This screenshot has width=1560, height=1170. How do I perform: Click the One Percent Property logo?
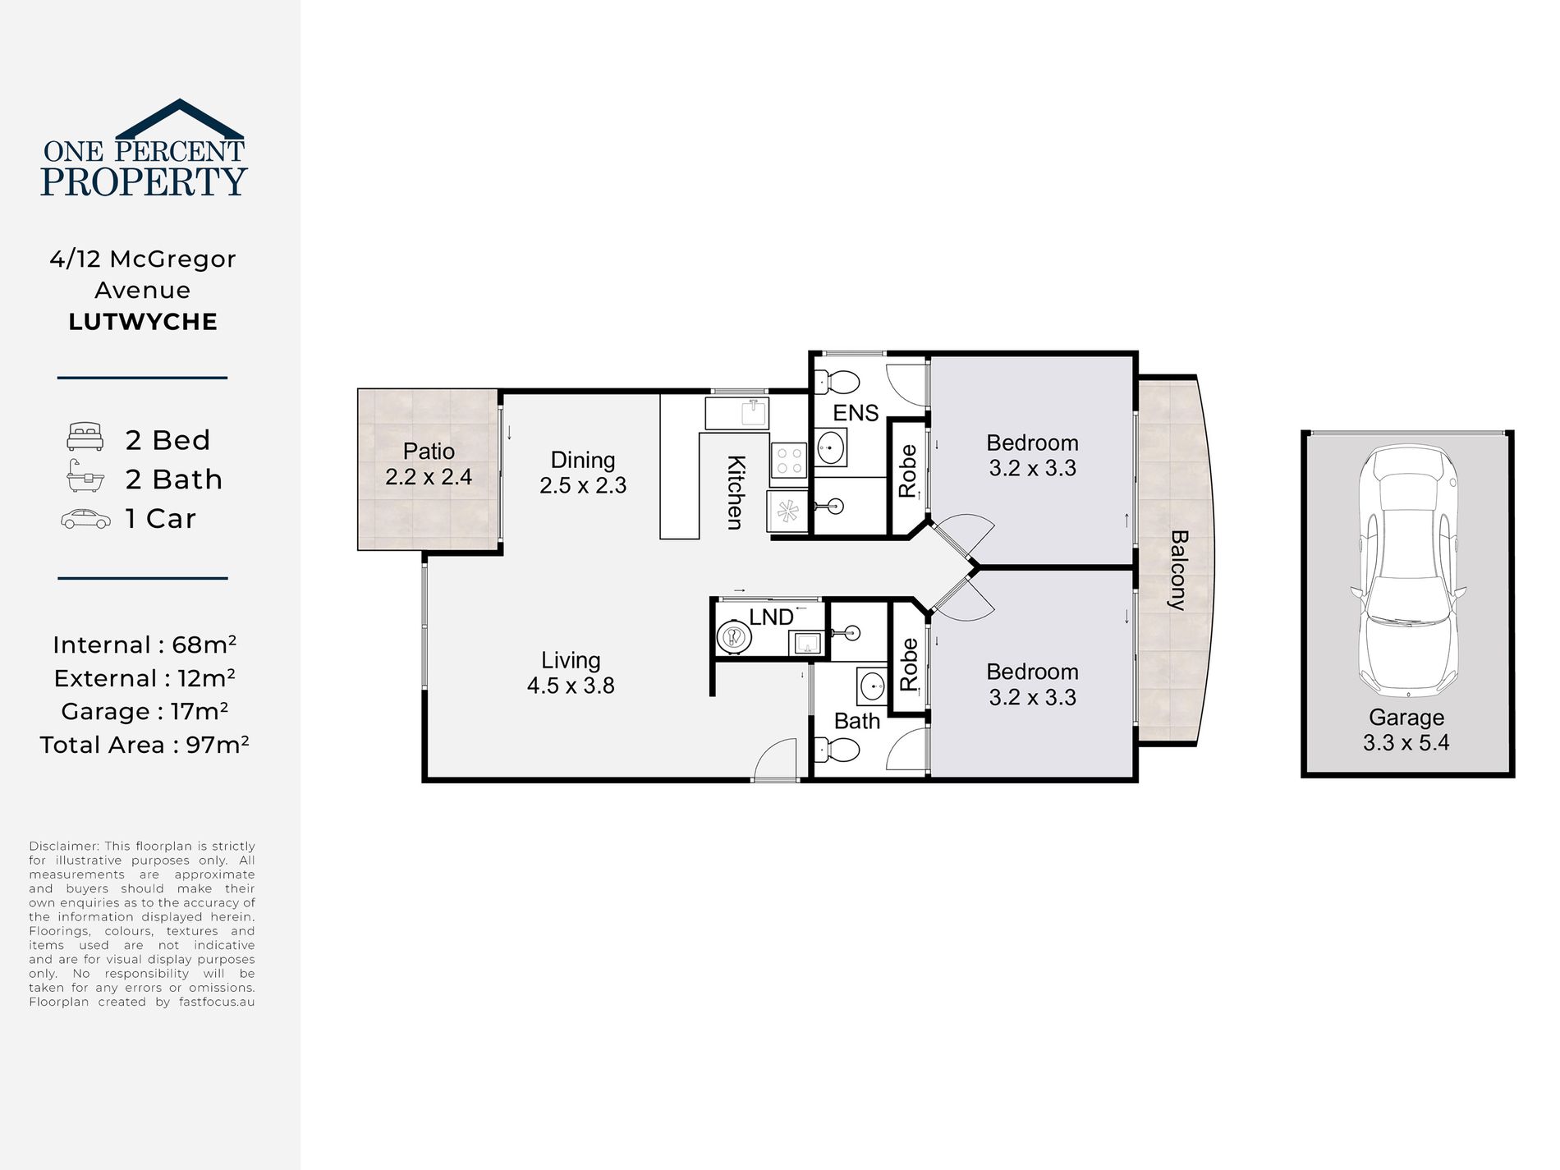click(144, 148)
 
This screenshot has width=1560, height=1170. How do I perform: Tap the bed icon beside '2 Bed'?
click(85, 437)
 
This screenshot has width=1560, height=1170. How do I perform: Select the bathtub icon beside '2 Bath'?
click(85, 476)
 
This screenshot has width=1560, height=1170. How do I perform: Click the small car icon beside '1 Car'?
click(85, 519)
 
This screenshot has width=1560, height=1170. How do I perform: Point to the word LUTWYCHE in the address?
click(143, 322)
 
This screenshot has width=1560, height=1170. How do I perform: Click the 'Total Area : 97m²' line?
click(144, 745)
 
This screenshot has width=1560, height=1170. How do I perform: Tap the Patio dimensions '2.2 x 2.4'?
click(429, 477)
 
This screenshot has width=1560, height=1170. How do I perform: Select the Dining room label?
click(583, 460)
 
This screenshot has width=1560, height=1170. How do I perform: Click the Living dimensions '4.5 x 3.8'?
click(571, 686)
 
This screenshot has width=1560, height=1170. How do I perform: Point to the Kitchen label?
click(736, 493)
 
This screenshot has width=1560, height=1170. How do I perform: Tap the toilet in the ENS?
click(837, 383)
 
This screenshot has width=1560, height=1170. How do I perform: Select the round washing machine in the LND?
click(734, 637)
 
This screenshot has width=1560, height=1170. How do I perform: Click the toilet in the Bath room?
click(837, 750)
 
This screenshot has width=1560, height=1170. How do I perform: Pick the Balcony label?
click(1178, 570)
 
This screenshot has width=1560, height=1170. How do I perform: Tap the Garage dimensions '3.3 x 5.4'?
click(1406, 743)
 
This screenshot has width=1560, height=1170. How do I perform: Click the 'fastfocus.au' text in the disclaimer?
click(217, 1002)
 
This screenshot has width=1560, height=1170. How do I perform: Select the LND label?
click(771, 617)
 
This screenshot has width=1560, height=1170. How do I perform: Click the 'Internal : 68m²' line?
click(145, 645)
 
